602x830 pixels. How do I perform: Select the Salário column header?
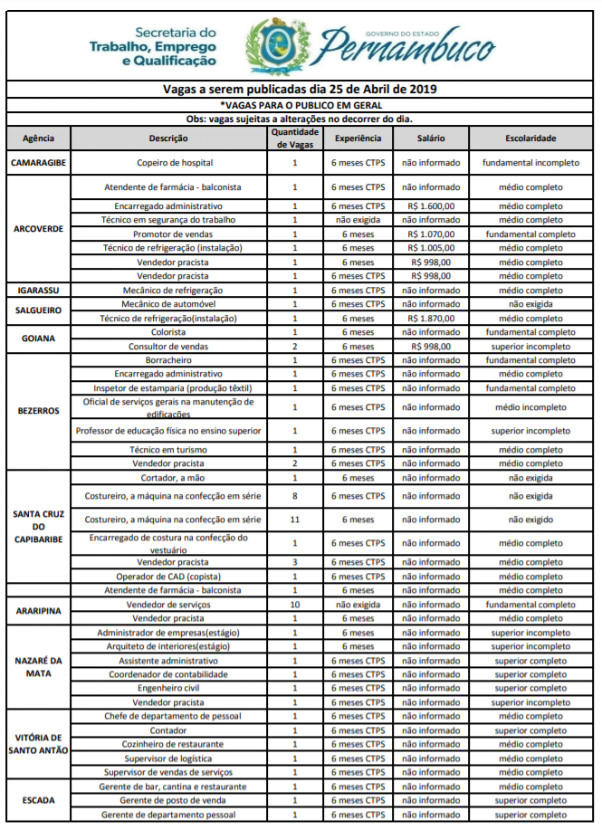point(430,138)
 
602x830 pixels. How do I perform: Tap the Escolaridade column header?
point(530,138)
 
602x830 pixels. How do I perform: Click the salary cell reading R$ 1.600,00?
point(430,206)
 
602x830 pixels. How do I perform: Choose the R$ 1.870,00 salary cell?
point(430,319)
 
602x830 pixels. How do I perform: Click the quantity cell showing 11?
point(294,520)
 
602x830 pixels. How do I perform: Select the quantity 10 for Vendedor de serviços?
point(294,604)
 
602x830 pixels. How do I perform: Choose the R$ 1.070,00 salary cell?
point(430,234)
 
